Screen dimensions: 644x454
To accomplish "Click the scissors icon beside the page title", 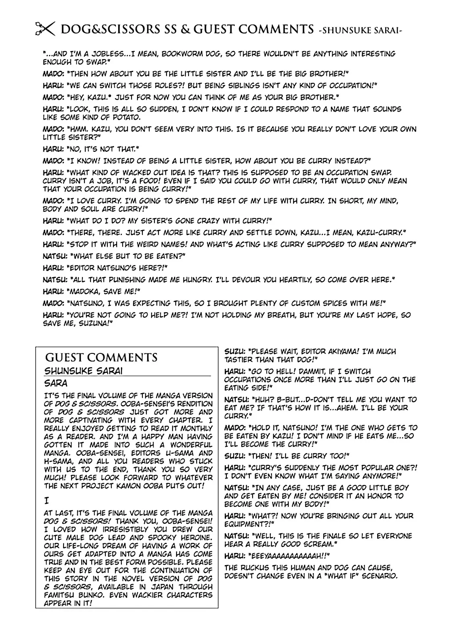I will click(x=44, y=29).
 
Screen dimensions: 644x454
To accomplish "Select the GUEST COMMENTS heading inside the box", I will click(x=101, y=357).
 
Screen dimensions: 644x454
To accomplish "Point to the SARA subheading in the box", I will click(x=56, y=383).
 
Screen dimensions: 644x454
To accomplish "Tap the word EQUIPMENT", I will click(x=245, y=524).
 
